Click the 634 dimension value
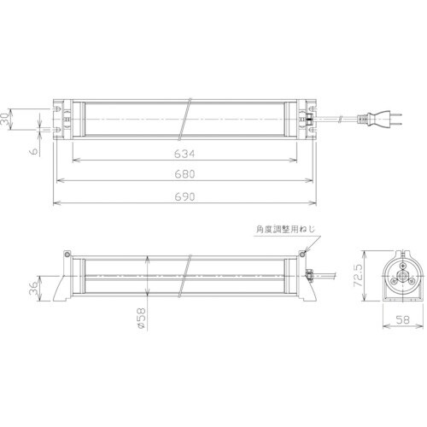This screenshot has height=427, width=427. click(185, 154)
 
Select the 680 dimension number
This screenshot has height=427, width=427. click(185, 174)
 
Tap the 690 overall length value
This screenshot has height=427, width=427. click(185, 196)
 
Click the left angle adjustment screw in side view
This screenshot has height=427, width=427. click(66, 254)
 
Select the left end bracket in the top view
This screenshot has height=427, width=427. click(63, 120)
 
